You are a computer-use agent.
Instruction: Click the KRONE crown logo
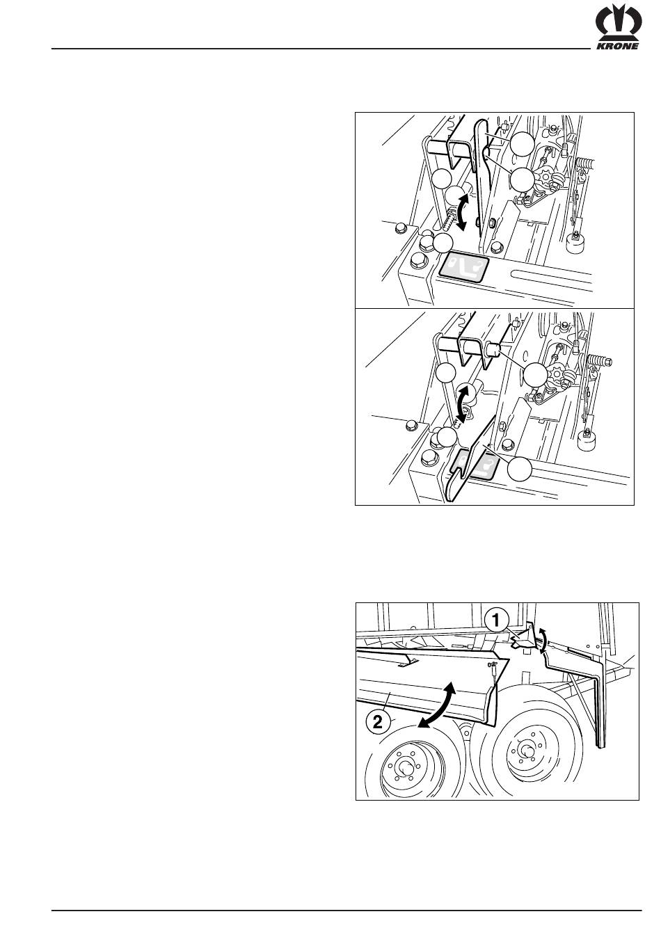(x=619, y=24)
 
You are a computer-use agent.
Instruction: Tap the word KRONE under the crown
(x=617, y=47)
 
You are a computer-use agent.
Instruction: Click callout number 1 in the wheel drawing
(x=496, y=620)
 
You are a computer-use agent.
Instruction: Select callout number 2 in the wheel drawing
(x=377, y=721)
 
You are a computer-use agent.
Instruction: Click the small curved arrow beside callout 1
(x=543, y=640)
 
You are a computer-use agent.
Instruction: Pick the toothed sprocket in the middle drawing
(x=555, y=374)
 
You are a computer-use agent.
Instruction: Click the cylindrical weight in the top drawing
(x=575, y=242)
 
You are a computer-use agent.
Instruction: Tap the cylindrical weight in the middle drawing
(x=587, y=440)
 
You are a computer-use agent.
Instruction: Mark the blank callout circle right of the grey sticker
(x=520, y=468)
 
